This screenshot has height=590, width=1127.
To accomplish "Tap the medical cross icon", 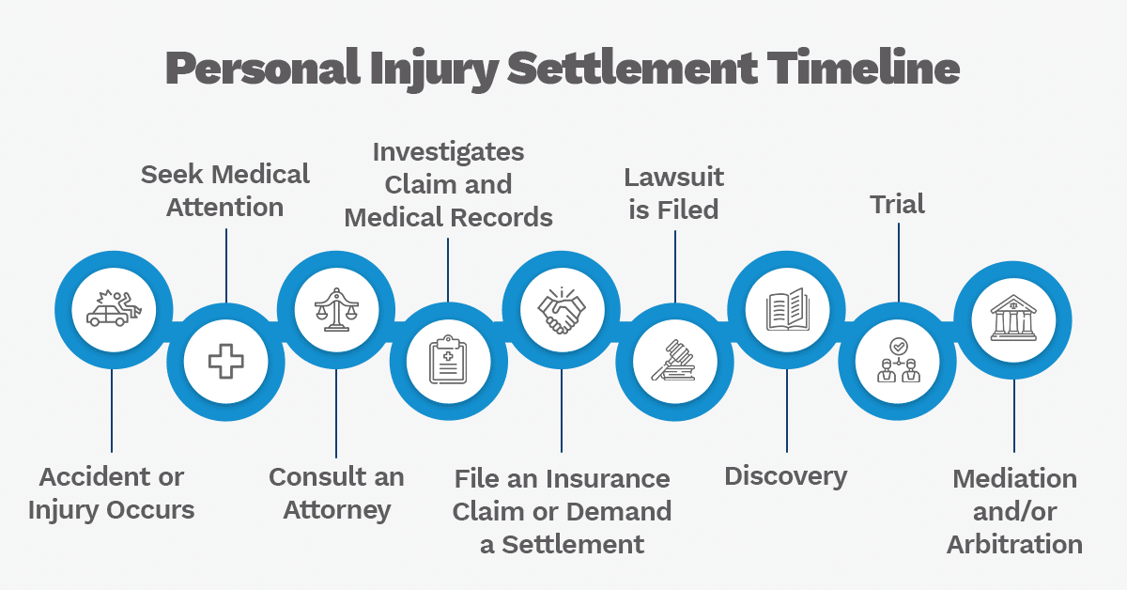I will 225,361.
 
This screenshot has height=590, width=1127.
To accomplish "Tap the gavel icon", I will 674,361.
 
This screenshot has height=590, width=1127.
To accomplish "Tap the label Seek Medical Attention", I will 225,190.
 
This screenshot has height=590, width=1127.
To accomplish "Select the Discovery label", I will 786,476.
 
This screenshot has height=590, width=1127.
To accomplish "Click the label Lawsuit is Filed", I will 674,193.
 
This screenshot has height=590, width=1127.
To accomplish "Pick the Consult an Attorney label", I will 336,493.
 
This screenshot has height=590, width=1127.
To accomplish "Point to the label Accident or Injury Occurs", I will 112,493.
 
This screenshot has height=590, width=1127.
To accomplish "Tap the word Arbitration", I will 1014,544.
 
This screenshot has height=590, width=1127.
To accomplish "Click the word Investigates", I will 448,151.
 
